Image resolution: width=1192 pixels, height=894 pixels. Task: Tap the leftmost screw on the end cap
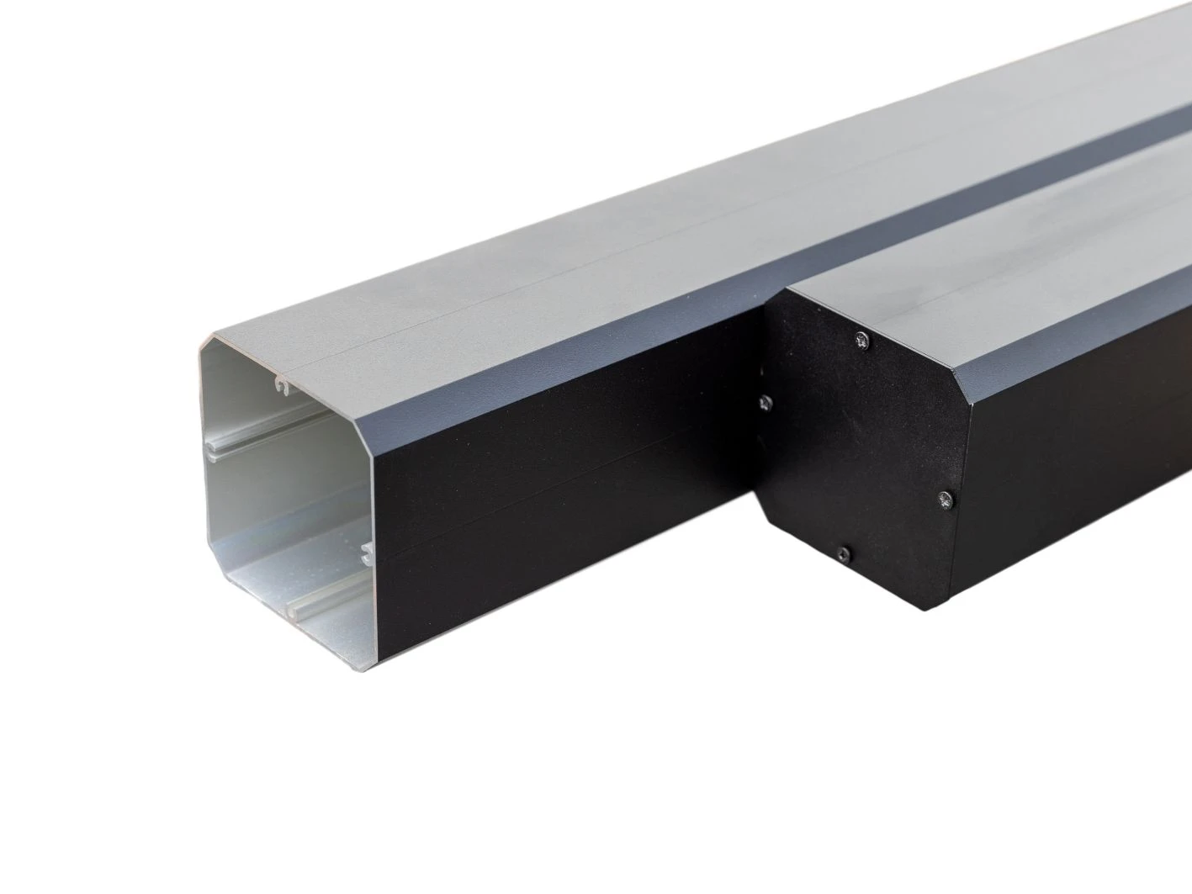(x=766, y=403)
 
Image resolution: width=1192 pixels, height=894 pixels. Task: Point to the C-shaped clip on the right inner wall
(x=365, y=553)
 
